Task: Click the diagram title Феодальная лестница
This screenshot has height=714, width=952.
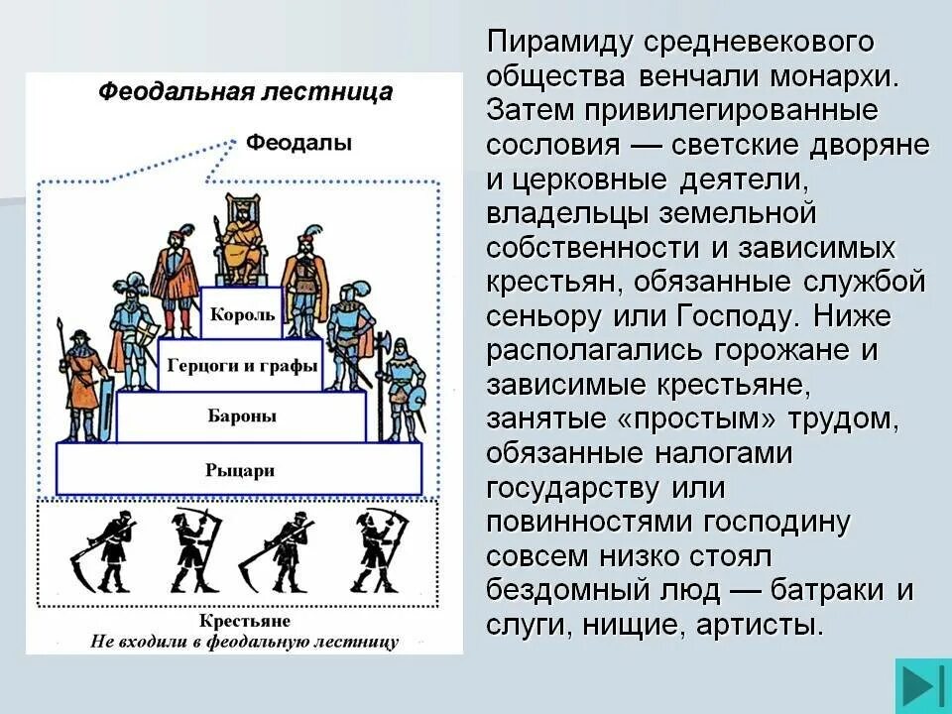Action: (245, 92)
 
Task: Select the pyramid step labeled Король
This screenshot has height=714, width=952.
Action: (242, 314)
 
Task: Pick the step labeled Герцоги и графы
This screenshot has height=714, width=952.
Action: (242, 365)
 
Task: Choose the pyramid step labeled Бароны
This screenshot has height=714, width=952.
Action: (242, 416)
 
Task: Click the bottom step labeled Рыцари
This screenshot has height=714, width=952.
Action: (240, 470)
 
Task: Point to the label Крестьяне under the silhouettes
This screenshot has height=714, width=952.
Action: (244, 621)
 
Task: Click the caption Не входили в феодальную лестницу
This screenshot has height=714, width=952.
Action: (244, 641)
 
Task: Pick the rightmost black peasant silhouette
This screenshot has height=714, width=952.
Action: (380, 551)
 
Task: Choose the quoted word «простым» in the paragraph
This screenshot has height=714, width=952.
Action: (690, 419)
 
